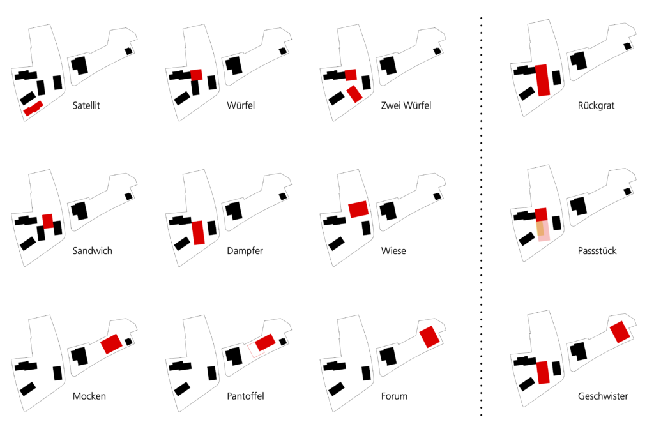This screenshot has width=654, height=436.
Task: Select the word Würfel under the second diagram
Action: [241, 105]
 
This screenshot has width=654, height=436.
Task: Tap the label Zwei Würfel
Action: [406, 105]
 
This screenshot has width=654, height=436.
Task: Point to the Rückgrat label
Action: [597, 105]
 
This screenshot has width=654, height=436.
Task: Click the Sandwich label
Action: [93, 251]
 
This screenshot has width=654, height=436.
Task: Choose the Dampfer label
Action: [245, 251]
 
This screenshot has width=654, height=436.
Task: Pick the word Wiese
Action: [393, 251]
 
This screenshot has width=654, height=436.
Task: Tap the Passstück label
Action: [597, 251]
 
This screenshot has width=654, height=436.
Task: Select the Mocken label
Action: [89, 396]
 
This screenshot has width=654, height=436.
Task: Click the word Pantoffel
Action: [245, 396]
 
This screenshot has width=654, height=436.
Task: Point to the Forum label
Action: [394, 396]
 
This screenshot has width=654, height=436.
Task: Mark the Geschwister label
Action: [603, 396]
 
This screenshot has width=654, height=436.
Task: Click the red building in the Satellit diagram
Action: [33, 109]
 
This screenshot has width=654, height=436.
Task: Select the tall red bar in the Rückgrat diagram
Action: [543, 80]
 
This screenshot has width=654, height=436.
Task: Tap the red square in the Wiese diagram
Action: [358, 209]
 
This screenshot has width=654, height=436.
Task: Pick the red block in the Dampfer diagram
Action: [198, 232]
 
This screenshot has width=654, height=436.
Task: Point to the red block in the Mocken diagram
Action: [111, 343]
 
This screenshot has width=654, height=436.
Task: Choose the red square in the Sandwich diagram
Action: [47, 221]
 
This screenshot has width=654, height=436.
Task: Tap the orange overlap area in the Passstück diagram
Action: [541, 228]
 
